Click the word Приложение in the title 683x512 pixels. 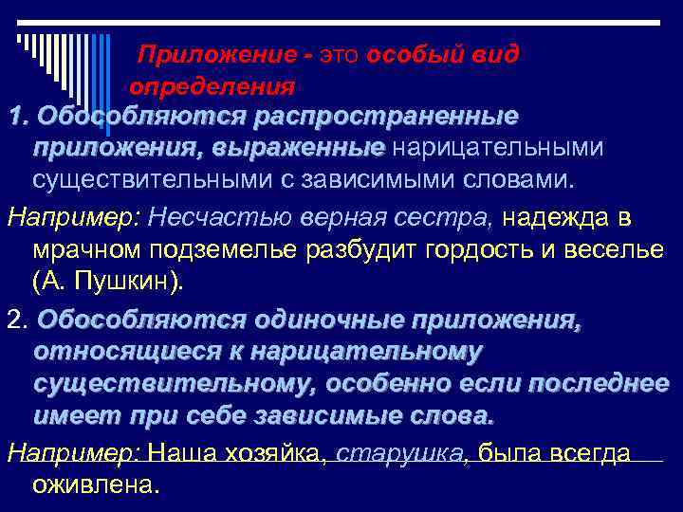click(195, 53)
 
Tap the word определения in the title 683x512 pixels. click(212, 88)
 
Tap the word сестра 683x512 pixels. click(451, 218)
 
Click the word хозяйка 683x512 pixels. click(275, 453)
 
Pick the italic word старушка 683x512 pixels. click(399, 453)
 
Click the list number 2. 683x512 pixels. click(15, 320)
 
